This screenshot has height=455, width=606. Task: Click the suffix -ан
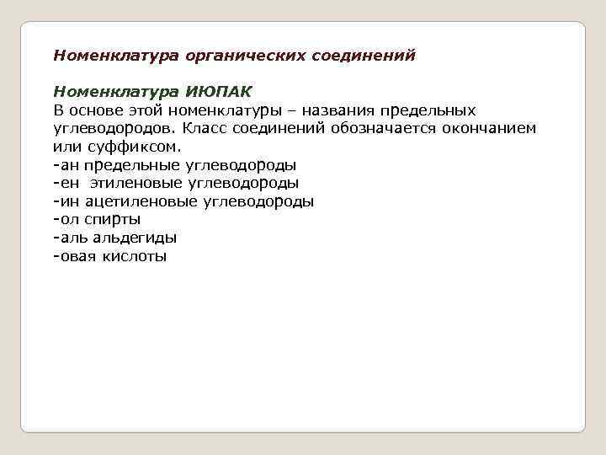pyautogui.click(x=66, y=164)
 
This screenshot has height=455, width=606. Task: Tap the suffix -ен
pyautogui.click(x=66, y=183)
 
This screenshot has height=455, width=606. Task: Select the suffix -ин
pyautogui.click(x=66, y=201)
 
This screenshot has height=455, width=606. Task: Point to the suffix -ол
pyautogui.click(x=66, y=219)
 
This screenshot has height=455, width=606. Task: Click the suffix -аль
pyautogui.click(x=70, y=238)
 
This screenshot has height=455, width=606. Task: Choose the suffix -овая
pyautogui.click(x=75, y=256)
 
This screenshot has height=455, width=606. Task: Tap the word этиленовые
pyautogui.click(x=134, y=183)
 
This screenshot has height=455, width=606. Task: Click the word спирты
pyautogui.click(x=112, y=220)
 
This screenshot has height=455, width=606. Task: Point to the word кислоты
pyautogui.click(x=136, y=256)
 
